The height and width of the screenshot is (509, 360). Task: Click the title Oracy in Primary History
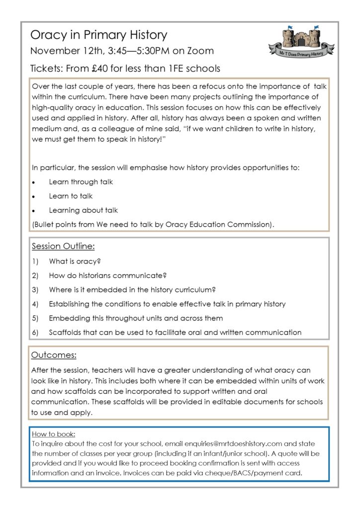click(x=98, y=35)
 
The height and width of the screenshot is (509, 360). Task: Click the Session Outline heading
click(x=63, y=246)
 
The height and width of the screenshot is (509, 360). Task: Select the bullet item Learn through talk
click(x=81, y=182)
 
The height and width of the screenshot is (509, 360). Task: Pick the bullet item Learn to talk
click(x=71, y=196)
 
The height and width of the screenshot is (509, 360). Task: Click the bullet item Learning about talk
click(x=83, y=210)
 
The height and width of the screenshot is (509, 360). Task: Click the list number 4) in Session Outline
click(x=35, y=304)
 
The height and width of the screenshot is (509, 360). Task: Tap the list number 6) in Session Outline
click(x=35, y=332)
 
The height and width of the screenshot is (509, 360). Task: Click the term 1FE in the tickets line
click(x=188, y=68)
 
